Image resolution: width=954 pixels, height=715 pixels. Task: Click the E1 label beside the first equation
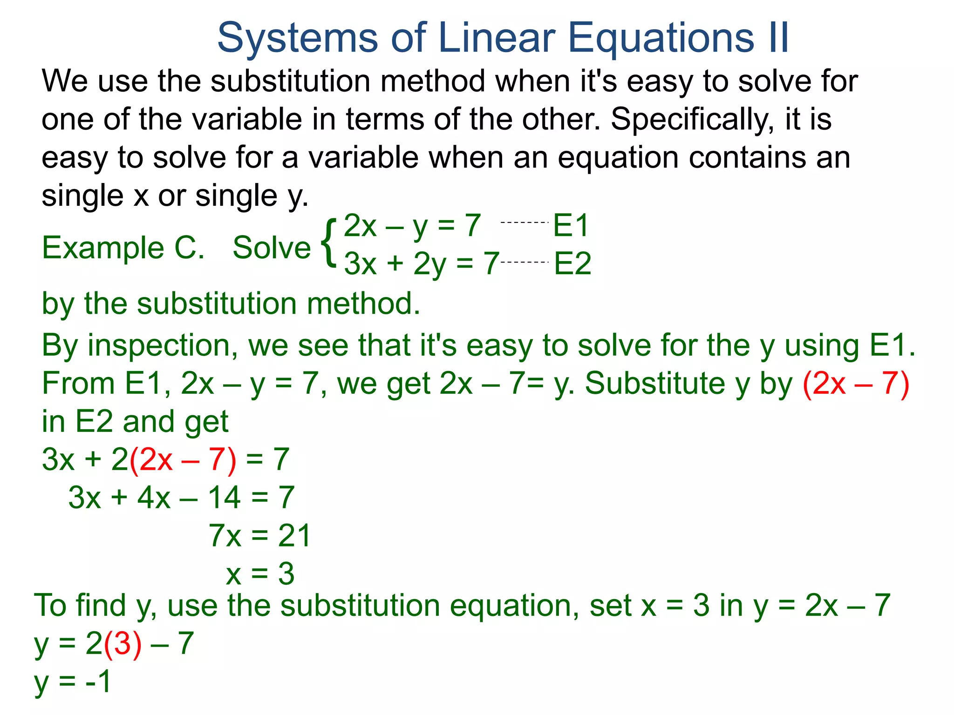pyautogui.click(x=571, y=225)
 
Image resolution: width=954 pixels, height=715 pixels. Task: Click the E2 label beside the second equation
pyautogui.click(x=572, y=263)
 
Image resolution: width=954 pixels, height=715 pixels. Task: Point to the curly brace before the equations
pyautogui.click(x=329, y=243)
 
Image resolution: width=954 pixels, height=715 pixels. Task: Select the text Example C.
pyautogui.click(x=123, y=248)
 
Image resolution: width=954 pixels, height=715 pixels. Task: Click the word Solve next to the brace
pyautogui.click(x=272, y=248)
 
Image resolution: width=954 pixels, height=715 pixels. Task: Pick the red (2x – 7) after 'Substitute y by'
pyautogui.click(x=856, y=384)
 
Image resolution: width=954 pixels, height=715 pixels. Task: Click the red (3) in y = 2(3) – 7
pyautogui.click(x=123, y=644)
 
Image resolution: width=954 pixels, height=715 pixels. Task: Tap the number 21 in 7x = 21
pyautogui.click(x=294, y=535)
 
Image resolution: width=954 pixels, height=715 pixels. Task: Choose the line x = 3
pyautogui.click(x=260, y=573)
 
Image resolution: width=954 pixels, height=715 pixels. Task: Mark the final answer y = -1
pyautogui.click(x=73, y=682)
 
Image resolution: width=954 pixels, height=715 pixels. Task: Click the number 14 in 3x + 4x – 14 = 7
pyautogui.click(x=224, y=497)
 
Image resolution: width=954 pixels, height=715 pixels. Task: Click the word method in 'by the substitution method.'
pyautogui.click(x=363, y=304)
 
